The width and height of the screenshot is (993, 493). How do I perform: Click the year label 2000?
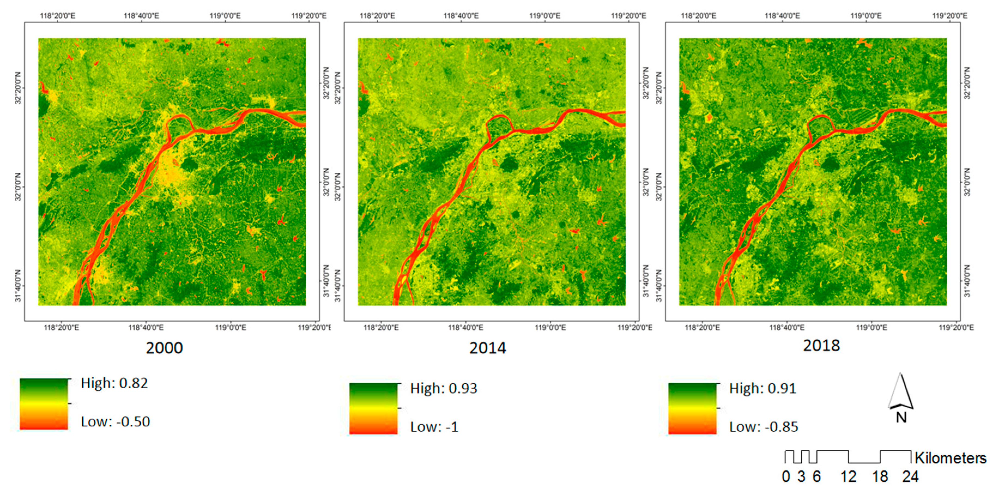point(164,348)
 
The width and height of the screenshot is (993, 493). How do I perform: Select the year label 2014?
point(488,348)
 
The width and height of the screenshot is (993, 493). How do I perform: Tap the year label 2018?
point(821,345)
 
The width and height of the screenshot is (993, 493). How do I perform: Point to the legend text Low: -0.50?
point(115,422)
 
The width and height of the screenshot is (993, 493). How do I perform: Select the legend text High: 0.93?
point(444,388)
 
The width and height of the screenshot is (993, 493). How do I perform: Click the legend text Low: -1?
point(434,427)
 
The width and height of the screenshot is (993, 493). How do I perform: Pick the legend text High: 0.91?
point(762,388)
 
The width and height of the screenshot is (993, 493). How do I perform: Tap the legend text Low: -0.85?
point(763,427)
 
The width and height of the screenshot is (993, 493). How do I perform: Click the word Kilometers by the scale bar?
point(950,458)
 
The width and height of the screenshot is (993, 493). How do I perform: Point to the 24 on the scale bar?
point(910,477)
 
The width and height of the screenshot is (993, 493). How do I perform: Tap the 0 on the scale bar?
point(786,477)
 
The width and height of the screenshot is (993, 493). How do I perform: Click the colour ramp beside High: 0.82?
point(44,404)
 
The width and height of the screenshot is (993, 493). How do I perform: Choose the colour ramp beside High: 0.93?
point(373,408)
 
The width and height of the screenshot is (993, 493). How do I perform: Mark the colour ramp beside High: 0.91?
point(692,408)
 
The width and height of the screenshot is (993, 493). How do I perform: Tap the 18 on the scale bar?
point(880,477)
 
